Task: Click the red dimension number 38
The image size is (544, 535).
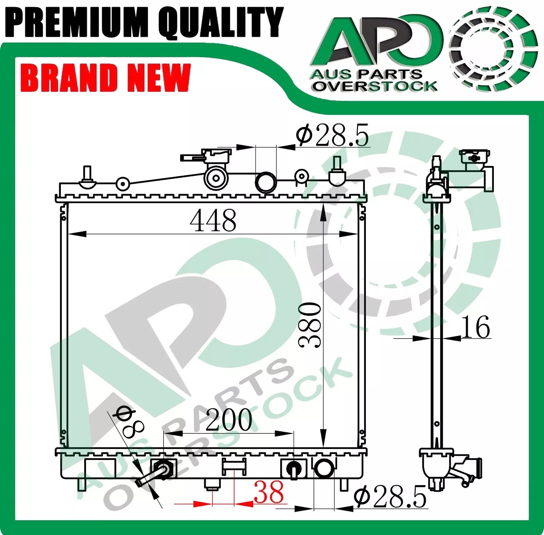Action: [269, 492]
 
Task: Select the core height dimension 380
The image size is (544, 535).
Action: [309, 325]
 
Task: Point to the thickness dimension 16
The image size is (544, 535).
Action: [475, 327]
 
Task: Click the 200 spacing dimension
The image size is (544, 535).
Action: [229, 420]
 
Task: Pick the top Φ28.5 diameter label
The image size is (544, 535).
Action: [332, 135]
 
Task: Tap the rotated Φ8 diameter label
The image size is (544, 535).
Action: [130, 421]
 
